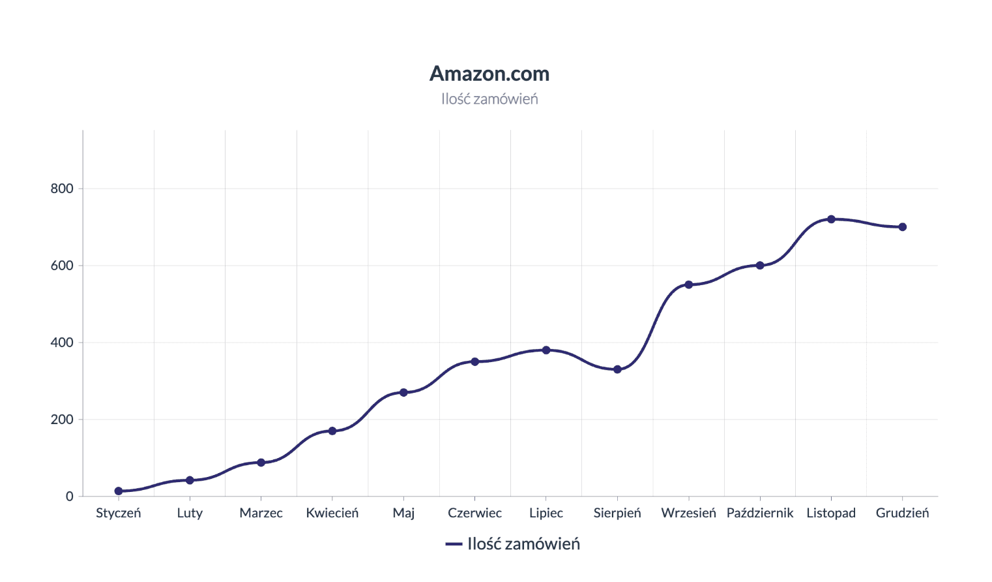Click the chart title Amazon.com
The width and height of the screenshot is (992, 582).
(489, 74)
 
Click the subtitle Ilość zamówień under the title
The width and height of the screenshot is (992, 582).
(489, 99)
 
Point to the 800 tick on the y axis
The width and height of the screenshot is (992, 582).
(62, 189)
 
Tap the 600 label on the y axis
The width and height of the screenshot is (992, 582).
(62, 266)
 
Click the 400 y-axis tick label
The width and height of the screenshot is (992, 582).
(62, 343)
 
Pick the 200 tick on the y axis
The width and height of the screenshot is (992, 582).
(62, 420)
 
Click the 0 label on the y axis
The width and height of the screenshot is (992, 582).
(69, 497)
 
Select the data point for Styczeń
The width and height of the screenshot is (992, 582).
(119, 491)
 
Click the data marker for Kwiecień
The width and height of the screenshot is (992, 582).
(332, 431)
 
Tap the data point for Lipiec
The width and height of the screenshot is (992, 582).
(546, 350)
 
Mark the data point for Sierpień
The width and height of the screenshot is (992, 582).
(617, 369)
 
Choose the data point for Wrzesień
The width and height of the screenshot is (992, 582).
(689, 285)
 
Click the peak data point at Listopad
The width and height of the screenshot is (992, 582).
(831, 219)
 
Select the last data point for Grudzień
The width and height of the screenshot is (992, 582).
(903, 227)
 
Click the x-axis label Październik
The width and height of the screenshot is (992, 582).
(760, 513)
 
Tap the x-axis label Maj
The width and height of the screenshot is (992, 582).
(403, 513)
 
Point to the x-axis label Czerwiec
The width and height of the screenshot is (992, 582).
(474, 513)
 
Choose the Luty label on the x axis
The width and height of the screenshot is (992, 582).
(190, 513)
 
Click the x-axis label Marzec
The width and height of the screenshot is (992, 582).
(261, 513)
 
